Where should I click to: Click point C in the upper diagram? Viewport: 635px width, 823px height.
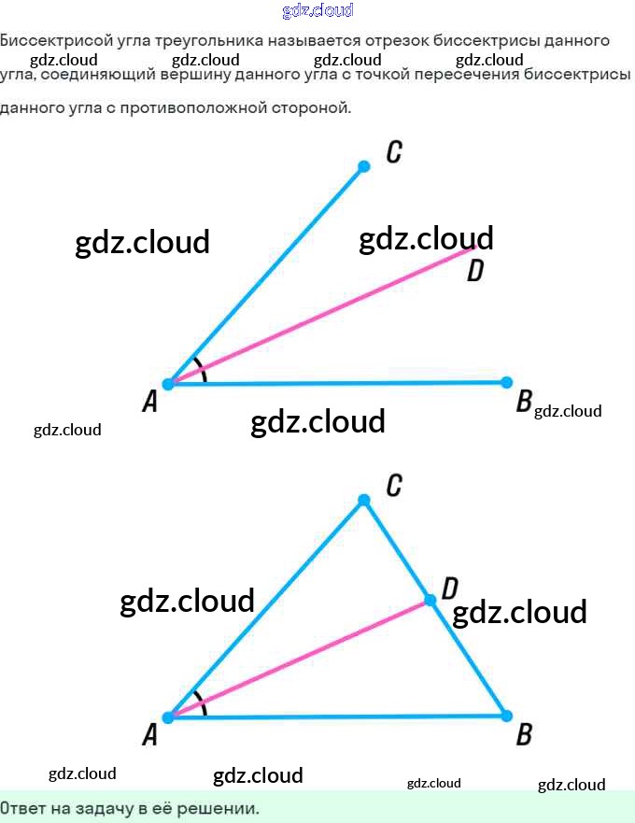[x=364, y=166]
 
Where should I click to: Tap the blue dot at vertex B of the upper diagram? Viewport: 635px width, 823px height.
[x=506, y=382]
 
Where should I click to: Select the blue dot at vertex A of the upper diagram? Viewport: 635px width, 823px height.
[x=168, y=384]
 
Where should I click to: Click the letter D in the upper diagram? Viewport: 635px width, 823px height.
[x=474, y=271]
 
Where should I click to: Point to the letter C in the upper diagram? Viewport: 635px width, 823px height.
[x=394, y=152]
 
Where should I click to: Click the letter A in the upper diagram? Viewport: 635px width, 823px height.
[x=149, y=403]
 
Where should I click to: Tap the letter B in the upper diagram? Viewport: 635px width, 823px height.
[x=524, y=403]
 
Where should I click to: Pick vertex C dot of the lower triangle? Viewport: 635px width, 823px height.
[x=364, y=501]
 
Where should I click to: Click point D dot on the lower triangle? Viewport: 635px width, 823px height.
[x=430, y=600]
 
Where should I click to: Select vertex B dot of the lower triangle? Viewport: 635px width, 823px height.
[x=506, y=716]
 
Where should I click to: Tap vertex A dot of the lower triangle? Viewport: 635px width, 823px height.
[x=168, y=717]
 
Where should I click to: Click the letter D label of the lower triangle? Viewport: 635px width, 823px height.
[x=449, y=588]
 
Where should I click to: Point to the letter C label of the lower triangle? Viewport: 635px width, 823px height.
[x=394, y=485]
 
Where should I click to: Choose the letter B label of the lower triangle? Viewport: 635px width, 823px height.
[x=524, y=735]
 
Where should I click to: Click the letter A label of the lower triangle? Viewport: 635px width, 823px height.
[x=149, y=736]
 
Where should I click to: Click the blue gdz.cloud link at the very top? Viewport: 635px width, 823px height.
[x=317, y=11]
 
